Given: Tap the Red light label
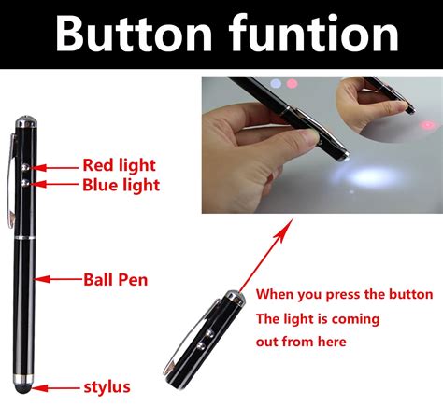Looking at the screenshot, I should click(119, 165).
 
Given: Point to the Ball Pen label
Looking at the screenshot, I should click(115, 278).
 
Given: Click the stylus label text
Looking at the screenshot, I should click(107, 385).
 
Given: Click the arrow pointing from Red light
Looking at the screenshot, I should click(56, 166).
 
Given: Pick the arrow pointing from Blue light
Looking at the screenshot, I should click(56, 184).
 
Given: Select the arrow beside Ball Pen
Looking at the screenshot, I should click(57, 278).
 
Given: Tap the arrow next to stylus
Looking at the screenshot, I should click(57, 385).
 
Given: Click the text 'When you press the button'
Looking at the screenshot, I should click(344, 294).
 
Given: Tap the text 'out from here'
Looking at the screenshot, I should click(301, 342).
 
